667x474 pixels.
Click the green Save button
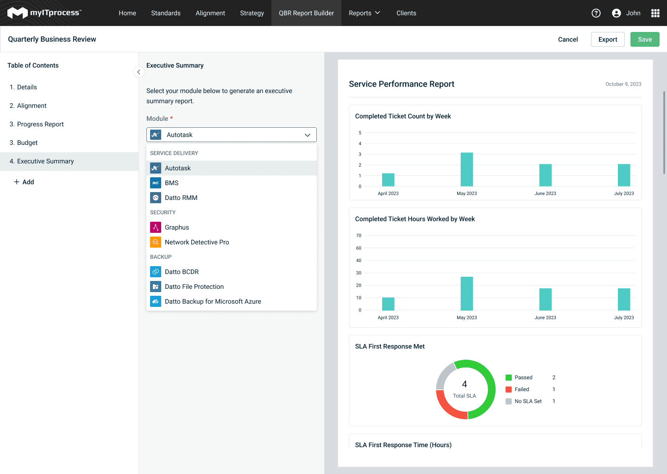point(645,39)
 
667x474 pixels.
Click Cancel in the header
point(568,39)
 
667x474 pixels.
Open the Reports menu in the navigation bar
point(364,13)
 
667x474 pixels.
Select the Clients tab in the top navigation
point(406,13)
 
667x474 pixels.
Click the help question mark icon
point(596,13)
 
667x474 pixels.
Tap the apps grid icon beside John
point(655,13)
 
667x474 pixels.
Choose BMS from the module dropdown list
point(172,183)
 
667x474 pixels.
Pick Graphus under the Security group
point(177,227)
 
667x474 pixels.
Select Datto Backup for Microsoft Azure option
point(213,301)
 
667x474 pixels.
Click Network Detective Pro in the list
point(197,242)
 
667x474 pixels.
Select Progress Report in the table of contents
point(40,124)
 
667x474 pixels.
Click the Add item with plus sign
point(24,182)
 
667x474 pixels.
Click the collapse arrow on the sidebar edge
point(138,72)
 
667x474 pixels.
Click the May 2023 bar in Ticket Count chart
point(466,170)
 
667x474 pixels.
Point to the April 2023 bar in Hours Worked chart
point(388,304)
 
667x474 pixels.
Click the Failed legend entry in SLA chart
point(522,389)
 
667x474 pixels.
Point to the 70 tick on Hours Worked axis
point(359,236)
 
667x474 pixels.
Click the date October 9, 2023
point(623,84)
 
